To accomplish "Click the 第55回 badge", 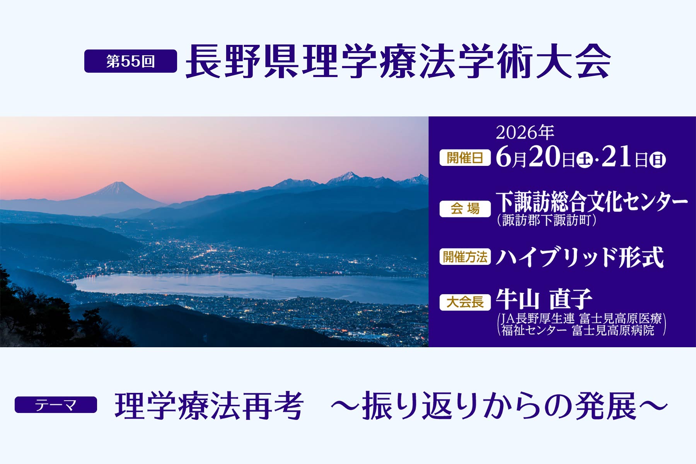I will click(131, 61).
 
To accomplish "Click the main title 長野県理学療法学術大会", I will click(398, 61).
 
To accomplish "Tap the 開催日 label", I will click(465, 158).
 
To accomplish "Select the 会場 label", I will click(465, 209).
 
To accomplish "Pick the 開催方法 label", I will click(465, 257).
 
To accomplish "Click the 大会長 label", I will click(465, 302).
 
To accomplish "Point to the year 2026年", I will click(525, 133).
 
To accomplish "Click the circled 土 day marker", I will click(585, 160).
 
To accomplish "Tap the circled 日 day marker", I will click(657, 160).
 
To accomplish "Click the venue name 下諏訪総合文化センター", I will click(592, 202).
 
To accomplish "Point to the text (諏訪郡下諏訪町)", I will click(546, 220).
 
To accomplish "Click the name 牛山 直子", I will click(544, 299).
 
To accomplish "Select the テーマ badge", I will click(56, 405).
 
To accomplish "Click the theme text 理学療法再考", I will click(209, 406).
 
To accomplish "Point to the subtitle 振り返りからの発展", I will click(499, 406).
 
